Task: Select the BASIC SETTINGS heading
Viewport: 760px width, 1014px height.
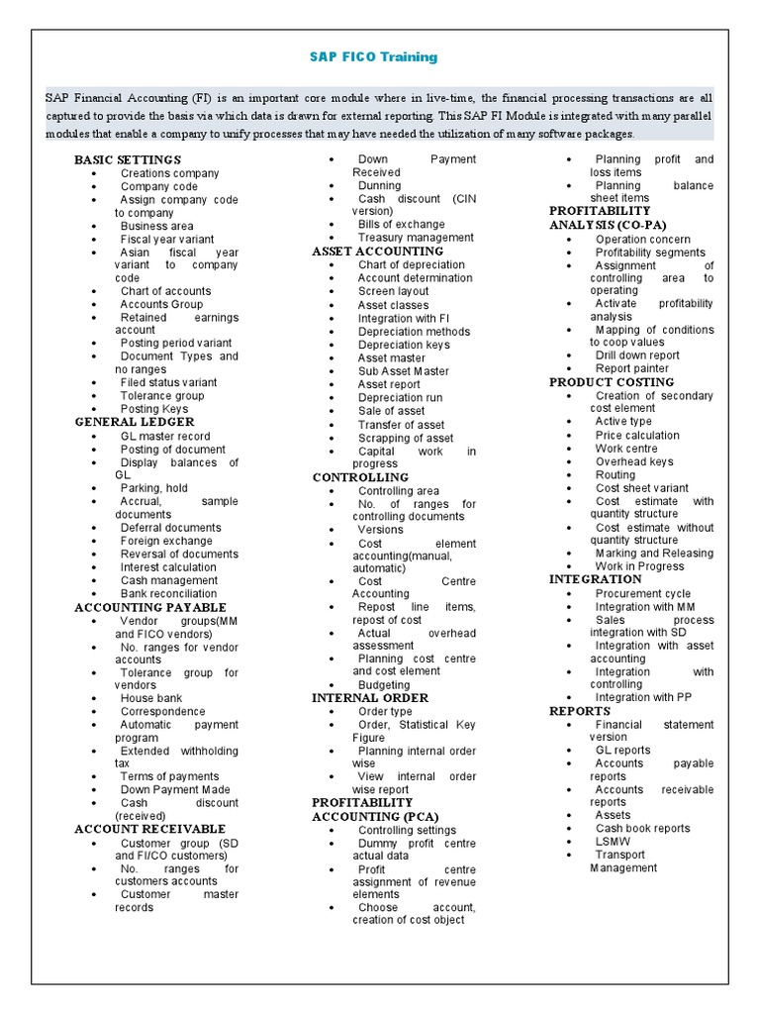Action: [128, 159]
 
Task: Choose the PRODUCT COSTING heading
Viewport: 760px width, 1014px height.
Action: [612, 382]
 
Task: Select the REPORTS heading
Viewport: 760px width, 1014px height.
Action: [580, 711]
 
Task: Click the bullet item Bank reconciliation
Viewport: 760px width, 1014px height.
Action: [168, 594]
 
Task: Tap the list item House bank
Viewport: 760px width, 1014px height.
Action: [151, 698]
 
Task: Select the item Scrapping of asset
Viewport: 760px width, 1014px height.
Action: [406, 438]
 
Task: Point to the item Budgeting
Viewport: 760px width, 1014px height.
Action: [384, 685]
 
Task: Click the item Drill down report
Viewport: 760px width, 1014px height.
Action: [637, 355]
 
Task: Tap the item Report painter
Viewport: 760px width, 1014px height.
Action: [632, 368]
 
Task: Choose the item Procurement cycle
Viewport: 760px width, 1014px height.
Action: [643, 594]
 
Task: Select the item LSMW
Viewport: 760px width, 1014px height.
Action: [613, 842]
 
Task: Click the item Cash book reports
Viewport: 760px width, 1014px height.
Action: [642, 829]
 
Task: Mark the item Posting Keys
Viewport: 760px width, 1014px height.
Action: [154, 409]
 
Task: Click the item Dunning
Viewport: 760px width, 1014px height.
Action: [380, 185]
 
